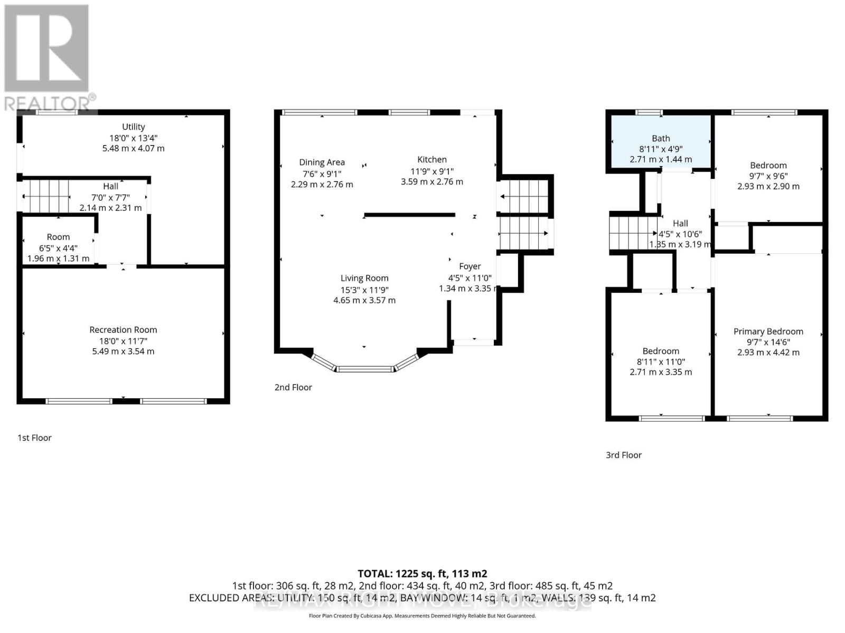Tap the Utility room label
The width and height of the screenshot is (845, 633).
click(133, 127)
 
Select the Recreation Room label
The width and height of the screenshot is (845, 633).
click(123, 330)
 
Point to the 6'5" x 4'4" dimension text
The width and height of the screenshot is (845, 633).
click(58, 248)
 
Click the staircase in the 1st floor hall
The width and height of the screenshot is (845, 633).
click(46, 196)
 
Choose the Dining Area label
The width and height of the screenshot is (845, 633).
click(322, 162)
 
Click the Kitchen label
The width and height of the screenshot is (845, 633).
click(431, 159)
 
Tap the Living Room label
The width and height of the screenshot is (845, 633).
click(364, 278)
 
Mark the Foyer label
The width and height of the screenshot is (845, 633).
click(470, 266)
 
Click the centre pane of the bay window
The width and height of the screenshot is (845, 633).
click(365, 369)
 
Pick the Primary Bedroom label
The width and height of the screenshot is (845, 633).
click(768, 331)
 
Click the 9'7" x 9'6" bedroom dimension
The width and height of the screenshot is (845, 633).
click(768, 176)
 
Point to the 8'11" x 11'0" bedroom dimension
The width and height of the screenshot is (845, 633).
click(661, 362)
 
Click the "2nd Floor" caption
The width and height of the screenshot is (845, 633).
click(293, 387)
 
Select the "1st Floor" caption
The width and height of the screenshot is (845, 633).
click(34, 438)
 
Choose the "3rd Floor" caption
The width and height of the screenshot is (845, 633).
click(623, 455)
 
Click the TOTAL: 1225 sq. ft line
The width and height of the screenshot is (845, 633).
click(422, 573)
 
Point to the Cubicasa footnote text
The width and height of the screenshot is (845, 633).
click(422, 616)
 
